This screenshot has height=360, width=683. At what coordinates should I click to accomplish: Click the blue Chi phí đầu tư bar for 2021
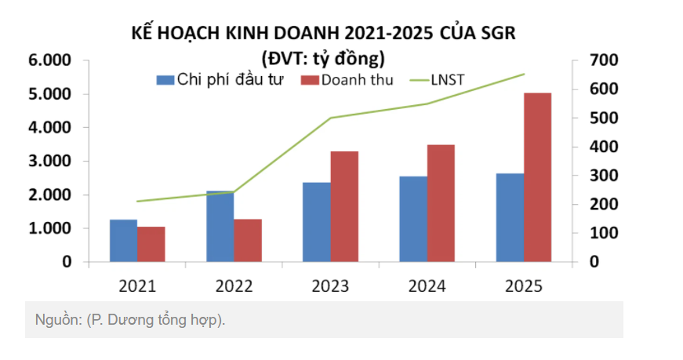(123, 241)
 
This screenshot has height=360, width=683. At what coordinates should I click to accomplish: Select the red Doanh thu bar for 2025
(538, 177)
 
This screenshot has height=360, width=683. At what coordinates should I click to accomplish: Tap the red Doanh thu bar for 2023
(344, 206)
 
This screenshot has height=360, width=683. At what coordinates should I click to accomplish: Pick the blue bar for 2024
(413, 219)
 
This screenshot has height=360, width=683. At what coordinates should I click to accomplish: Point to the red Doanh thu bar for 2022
(248, 241)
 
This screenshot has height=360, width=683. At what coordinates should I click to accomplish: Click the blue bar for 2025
(510, 217)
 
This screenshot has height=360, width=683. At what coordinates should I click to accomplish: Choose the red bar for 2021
(151, 244)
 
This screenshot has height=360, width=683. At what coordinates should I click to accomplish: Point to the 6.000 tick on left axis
(49, 60)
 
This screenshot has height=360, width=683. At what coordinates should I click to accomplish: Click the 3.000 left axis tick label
(49, 161)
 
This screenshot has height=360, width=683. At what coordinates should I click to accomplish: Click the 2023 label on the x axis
(331, 285)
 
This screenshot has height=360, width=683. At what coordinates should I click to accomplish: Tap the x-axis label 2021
(137, 285)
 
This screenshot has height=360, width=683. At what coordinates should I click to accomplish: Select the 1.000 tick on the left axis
(49, 228)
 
